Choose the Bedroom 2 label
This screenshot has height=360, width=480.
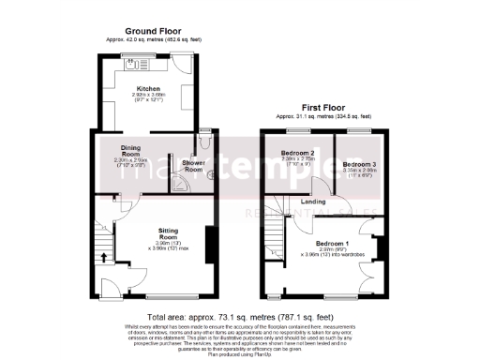[x=299, y=153]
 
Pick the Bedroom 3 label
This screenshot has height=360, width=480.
[x=357, y=164]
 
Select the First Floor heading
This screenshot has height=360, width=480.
[x=322, y=109]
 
